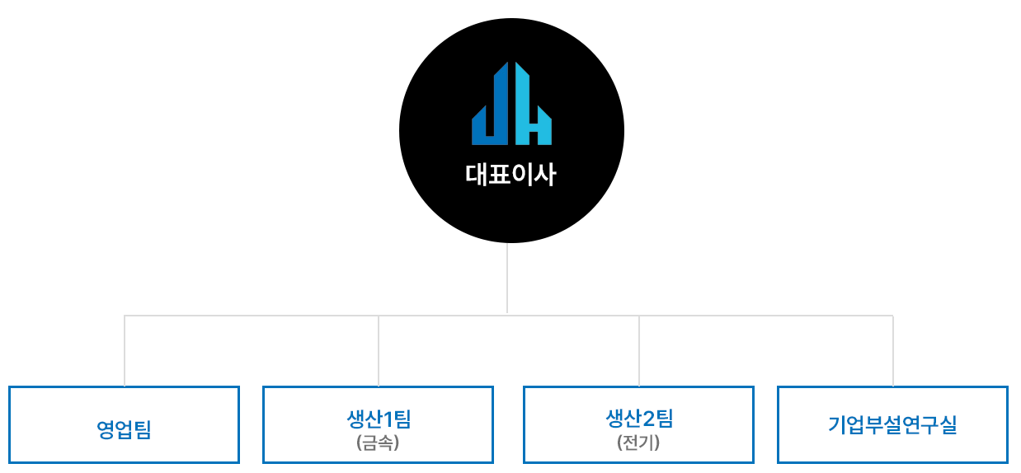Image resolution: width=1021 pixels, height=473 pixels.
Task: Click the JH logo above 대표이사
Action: (511, 104)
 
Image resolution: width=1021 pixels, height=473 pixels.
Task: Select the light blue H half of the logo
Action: (532, 107)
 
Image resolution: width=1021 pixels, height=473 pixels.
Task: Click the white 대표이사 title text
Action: (510, 176)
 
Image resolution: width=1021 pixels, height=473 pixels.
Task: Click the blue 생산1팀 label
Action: (379, 419)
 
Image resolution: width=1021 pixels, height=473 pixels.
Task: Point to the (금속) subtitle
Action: (379, 443)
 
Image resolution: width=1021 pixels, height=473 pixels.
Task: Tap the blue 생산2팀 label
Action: (639, 419)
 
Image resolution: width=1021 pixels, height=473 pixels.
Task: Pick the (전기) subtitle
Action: (639, 443)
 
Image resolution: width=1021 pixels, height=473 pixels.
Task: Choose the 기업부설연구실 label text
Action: (892, 425)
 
